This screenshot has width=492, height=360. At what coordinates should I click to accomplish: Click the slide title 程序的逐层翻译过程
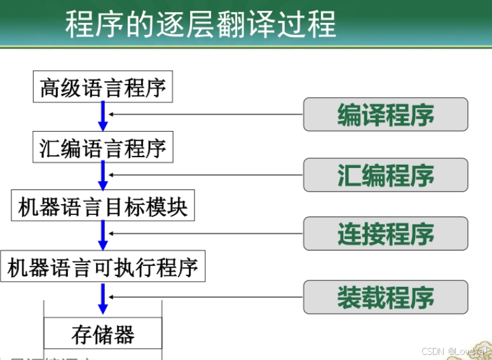tap(200, 24)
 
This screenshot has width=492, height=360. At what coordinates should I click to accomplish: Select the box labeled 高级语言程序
tap(103, 88)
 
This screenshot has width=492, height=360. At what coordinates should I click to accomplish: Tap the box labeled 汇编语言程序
tap(103, 148)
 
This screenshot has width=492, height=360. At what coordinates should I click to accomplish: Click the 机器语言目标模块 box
tap(103, 207)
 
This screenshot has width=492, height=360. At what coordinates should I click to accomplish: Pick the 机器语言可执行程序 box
tap(103, 267)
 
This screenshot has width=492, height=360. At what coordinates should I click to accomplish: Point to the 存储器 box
tap(103, 335)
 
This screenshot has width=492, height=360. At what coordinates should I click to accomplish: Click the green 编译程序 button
tap(385, 115)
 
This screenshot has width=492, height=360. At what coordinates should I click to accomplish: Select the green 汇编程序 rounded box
tap(385, 175)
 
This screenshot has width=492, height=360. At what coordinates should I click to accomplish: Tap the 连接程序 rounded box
tap(385, 234)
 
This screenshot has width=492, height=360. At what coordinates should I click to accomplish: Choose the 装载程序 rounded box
tap(385, 296)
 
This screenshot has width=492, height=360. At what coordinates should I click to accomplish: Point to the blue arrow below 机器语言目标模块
tap(103, 235)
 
